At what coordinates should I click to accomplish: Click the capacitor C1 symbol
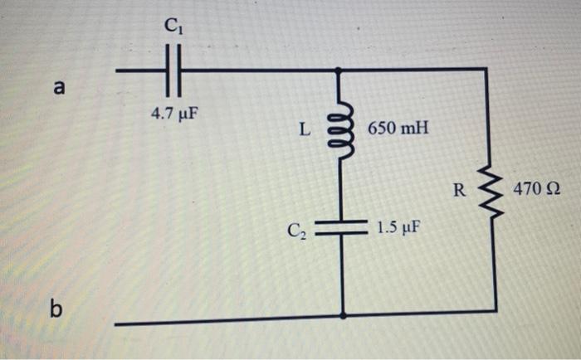point(172,71)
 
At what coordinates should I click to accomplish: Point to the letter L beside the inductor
point(305,129)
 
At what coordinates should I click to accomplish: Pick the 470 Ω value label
point(536,190)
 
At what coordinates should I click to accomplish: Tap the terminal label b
point(56,309)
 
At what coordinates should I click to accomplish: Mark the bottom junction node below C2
point(343,315)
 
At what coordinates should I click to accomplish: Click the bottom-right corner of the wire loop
point(496,312)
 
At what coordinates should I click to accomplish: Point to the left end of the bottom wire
point(117,322)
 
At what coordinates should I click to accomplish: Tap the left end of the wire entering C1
point(117,71)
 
